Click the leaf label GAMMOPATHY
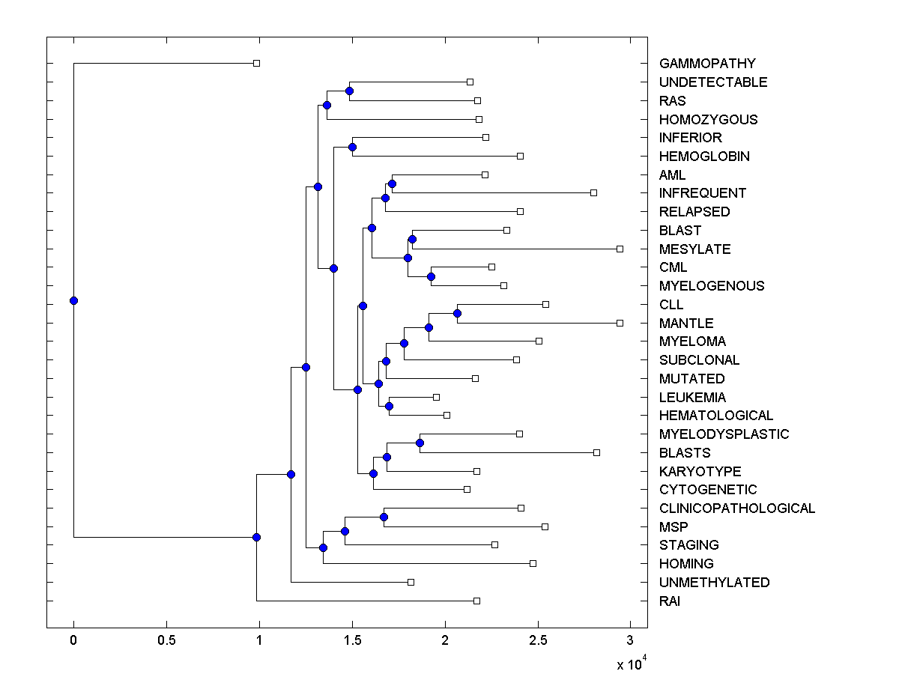pos(707,64)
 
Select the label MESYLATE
pos(694,249)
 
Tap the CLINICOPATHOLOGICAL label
pos(737,508)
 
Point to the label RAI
pos(670,601)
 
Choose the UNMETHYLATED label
pos(714,583)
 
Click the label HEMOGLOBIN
pos(704,157)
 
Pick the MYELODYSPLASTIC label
pos(724,434)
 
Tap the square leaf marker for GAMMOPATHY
pos(256,64)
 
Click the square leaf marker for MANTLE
pos(620,323)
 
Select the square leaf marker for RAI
pos(476,601)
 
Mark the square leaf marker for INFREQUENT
pos(593,192)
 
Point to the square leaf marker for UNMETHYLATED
pos(411,582)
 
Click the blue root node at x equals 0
pos(73,300)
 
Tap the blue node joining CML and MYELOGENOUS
pos(431,276)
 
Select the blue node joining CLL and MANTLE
pos(457,313)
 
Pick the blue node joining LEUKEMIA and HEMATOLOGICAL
pos(390,406)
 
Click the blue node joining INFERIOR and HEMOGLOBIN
pos(353,147)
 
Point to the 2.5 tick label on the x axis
pos(537,640)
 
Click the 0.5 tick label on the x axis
pos(166,640)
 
